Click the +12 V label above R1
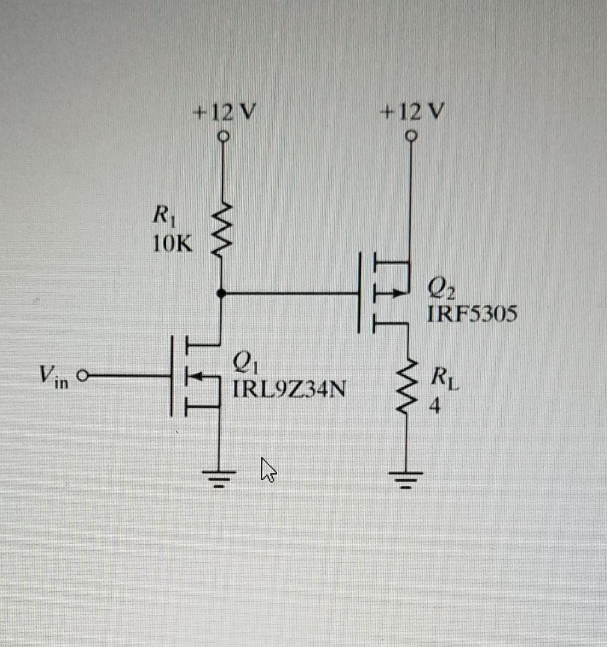(222, 112)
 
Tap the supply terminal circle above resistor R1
(223, 136)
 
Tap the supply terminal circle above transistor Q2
(411, 137)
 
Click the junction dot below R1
(222, 293)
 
